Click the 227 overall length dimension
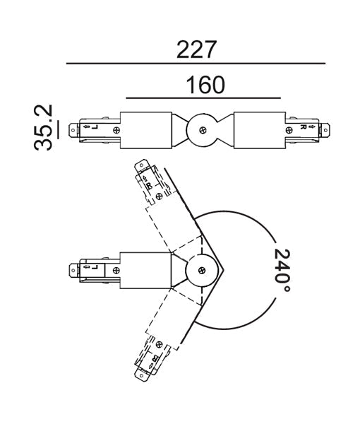coord(196,49)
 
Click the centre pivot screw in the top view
coord(203,130)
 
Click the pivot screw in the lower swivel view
coord(203,269)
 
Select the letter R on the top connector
coord(302,128)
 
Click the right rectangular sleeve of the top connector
coord(259,129)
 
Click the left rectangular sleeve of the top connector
coord(147,129)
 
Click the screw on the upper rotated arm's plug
coord(159,195)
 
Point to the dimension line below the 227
coord(196,64)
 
